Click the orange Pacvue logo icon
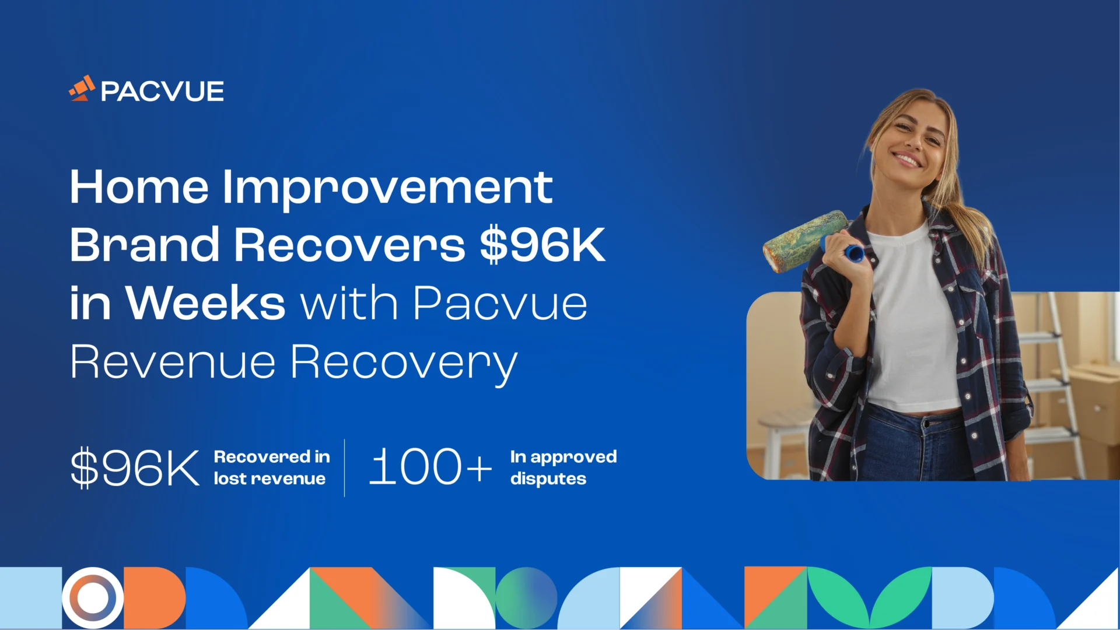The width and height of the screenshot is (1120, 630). [x=82, y=89]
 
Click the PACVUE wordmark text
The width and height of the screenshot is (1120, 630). [x=162, y=92]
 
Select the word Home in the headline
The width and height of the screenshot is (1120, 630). [x=139, y=187]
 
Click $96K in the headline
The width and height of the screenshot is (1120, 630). [x=542, y=245]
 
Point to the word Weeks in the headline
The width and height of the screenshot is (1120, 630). [x=206, y=304]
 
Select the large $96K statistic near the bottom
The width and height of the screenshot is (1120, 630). [x=135, y=467]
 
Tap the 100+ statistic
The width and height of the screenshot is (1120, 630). [x=430, y=467]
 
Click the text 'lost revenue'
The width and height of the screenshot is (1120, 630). [x=269, y=479]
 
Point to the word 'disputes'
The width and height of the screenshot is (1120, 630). [x=548, y=479]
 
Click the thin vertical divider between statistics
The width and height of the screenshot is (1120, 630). [x=345, y=467]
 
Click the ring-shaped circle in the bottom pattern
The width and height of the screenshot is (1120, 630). [x=93, y=598]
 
